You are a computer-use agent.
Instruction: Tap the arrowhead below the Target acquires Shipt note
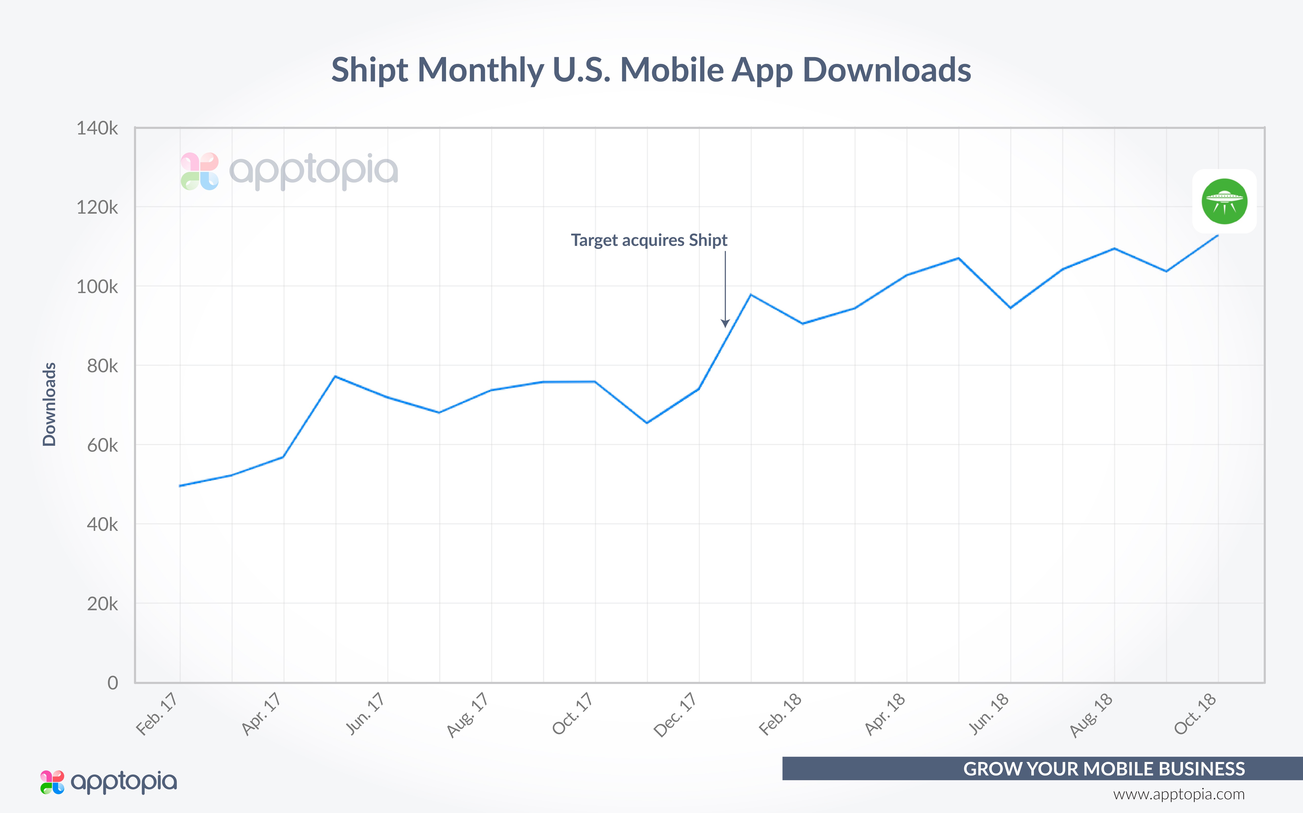[x=725, y=323]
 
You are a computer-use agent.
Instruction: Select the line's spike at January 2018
[x=751, y=295]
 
